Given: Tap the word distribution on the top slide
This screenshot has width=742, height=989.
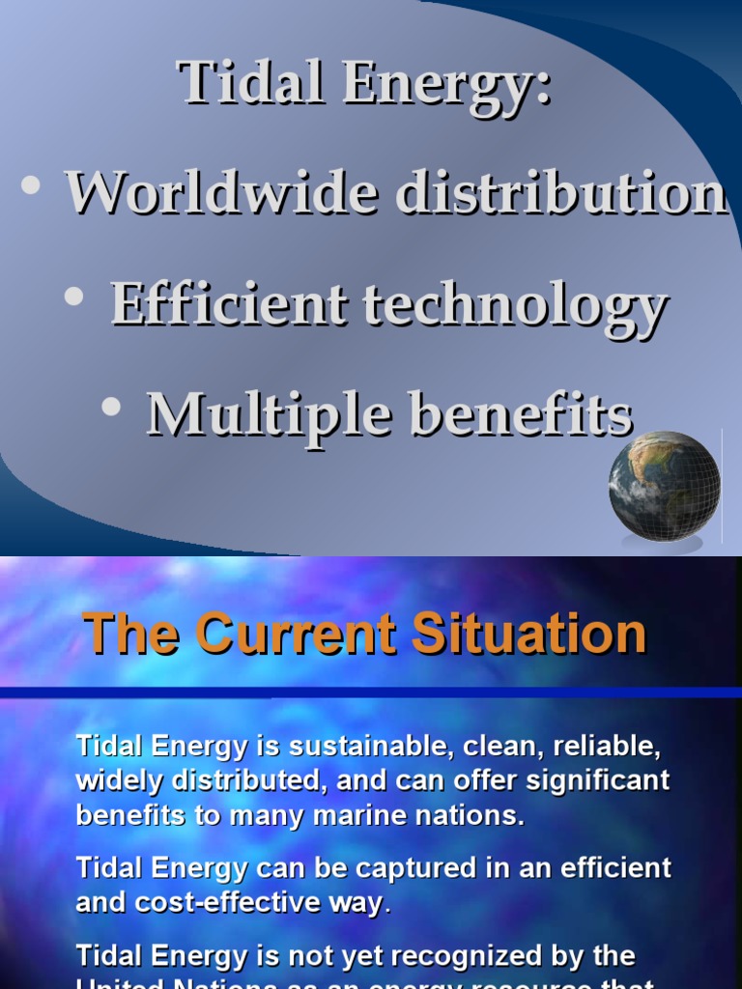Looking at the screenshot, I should (x=560, y=192).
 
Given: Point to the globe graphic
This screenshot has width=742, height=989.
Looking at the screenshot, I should (x=664, y=486).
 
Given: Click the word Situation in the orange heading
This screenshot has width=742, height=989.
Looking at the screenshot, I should (x=528, y=635).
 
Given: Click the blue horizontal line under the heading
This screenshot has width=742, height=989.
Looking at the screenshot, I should (x=371, y=692).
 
